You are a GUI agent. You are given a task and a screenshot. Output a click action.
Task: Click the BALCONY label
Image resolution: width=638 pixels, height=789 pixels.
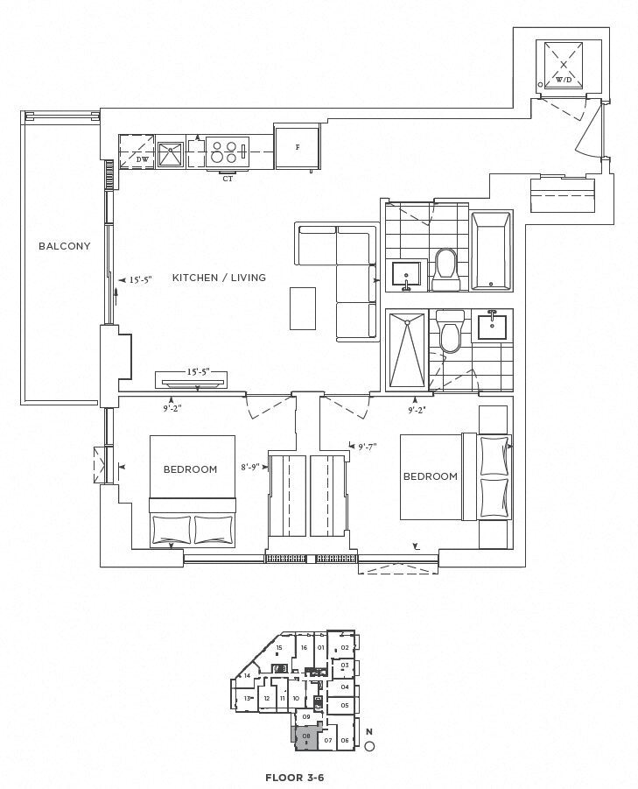click(65, 246)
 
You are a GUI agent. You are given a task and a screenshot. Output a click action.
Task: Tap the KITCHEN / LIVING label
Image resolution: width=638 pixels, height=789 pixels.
click(219, 278)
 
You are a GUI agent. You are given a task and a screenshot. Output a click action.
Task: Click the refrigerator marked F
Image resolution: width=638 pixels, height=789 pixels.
click(298, 147)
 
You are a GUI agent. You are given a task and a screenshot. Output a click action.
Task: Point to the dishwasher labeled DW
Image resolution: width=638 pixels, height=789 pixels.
click(137, 151)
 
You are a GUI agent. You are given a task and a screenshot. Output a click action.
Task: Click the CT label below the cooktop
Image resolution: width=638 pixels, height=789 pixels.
click(228, 179)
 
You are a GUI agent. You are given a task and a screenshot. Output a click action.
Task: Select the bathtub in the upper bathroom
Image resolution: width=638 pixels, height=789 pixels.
click(491, 250)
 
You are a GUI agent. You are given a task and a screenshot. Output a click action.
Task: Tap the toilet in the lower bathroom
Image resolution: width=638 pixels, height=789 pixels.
click(450, 331)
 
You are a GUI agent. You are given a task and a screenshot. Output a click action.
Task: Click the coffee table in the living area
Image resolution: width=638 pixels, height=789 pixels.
click(303, 308)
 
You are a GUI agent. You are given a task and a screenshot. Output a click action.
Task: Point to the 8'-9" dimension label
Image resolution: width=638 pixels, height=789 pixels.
click(250, 467)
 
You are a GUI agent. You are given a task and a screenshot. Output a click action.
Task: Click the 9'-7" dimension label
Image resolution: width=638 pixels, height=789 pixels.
click(368, 447)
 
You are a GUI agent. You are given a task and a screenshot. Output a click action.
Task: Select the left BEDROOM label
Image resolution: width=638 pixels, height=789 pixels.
click(190, 469)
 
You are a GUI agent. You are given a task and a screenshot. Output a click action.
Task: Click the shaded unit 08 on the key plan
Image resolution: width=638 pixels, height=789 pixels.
click(306, 738)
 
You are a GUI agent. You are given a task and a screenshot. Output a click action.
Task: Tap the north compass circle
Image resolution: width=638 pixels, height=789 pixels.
click(369, 747)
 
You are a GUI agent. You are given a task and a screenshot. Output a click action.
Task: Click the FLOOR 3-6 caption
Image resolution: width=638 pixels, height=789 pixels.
click(295, 778)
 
